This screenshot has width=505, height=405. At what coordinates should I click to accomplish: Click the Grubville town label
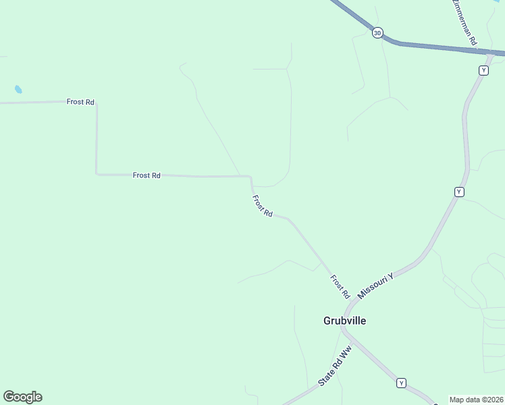click(344, 321)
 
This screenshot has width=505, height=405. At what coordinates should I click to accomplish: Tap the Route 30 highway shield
click(377, 32)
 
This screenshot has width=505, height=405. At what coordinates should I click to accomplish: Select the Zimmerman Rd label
click(465, 23)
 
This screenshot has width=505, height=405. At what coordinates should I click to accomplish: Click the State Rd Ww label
click(336, 368)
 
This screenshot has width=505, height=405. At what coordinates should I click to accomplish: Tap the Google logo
click(22, 397)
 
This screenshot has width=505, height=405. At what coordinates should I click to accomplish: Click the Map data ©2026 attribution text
click(477, 400)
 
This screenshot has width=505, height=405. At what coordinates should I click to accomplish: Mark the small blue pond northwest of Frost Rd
click(18, 89)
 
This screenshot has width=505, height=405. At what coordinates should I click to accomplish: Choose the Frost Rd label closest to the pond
click(80, 102)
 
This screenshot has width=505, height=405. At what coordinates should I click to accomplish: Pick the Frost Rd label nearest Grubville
click(340, 287)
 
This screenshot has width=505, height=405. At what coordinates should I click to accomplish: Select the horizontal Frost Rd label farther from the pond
click(147, 175)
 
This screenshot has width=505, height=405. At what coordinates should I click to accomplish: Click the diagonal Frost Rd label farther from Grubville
click(262, 206)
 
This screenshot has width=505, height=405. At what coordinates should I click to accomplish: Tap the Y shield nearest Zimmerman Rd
click(483, 70)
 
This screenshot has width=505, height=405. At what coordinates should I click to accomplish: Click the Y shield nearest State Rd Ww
click(402, 383)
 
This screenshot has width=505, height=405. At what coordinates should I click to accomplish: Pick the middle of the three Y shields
click(459, 192)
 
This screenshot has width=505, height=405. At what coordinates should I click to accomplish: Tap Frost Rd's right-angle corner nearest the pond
click(97, 103)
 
